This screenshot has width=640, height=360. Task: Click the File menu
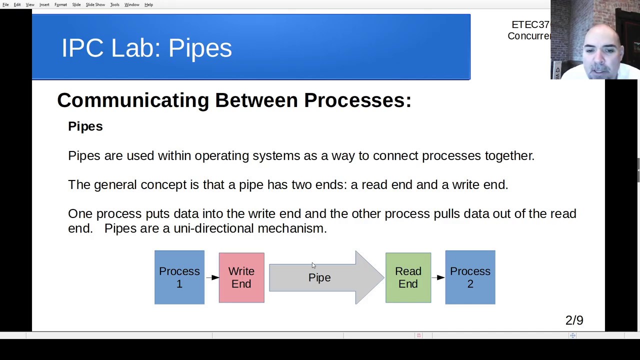coord(5,4)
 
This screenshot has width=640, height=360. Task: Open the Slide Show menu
coord(95,4)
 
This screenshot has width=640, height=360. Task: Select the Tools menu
coord(114,4)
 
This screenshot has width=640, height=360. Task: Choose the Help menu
coord(148,4)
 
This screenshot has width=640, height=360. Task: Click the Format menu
coord(60,4)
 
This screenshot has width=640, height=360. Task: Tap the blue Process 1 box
coord(179,277)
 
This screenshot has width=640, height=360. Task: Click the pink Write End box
coord(241,277)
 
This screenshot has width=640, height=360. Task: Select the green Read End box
coord(408,277)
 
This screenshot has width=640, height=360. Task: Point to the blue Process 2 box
coord(470,277)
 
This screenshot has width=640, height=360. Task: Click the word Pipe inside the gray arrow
coord(319,277)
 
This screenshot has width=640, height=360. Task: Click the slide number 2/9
coord(574,320)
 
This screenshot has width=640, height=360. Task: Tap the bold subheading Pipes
coord(85,126)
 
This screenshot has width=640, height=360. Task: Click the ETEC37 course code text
coord(530,25)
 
